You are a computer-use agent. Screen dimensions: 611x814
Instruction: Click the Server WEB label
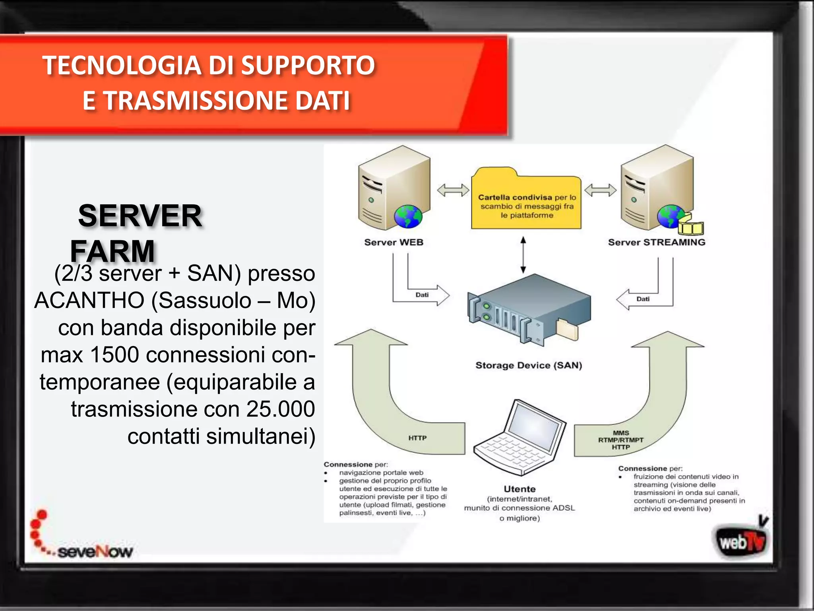pyautogui.click(x=393, y=242)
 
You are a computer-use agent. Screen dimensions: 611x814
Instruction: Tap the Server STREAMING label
pyautogui.click(x=656, y=242)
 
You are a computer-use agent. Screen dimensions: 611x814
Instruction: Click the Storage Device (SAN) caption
pyautogui.click(x=529, y=365)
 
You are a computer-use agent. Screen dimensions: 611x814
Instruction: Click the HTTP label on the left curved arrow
pyautogui.click(x=417, y=438)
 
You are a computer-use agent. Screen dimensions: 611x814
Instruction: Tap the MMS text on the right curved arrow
pyautogui.click(x=620, y=433)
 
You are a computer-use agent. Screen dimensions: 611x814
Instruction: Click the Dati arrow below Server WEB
pyautogui.click(x=423, y=295)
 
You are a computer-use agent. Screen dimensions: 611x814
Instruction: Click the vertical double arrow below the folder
pyautogui.click(x=523, y=255)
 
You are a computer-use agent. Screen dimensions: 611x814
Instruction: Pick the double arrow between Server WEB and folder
pyautogui.click(x=453, y=190)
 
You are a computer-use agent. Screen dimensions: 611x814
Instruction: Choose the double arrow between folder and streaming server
pyautogui.click(x=600, y=190)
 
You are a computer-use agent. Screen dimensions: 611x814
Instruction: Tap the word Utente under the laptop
pyautogui.click(x=519, y=489)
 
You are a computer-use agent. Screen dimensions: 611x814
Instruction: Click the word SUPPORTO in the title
pyautogui.click(x=308, y=66)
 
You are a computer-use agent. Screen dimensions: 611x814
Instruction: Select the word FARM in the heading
pyautogui.click(x=112, y=251)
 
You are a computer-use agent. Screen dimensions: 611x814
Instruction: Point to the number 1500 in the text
pyautogui.click(x=115, y=354)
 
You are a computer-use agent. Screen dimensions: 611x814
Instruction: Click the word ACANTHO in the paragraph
pyautogui.click(x=89, y=300)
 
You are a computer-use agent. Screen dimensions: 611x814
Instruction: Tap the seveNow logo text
pyautogui.click(x=95, y=552)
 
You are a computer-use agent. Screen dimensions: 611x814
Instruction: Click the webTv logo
pyautogui.click(x=741, y=541)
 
